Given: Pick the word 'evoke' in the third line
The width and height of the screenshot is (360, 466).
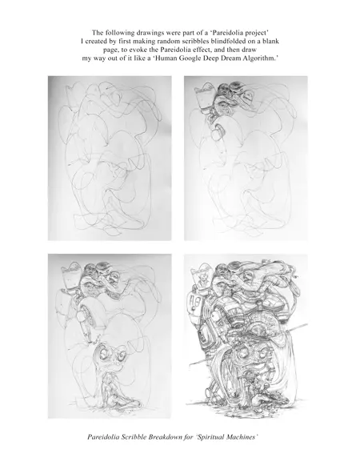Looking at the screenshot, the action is pos(142,50).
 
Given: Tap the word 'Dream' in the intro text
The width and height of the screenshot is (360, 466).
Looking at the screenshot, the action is pos(231,58).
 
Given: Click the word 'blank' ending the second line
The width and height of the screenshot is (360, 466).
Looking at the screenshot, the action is pos(270,41).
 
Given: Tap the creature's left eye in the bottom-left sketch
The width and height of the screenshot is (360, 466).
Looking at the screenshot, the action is pos(103,353).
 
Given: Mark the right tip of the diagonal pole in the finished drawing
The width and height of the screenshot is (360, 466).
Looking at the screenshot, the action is pos(307,324).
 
